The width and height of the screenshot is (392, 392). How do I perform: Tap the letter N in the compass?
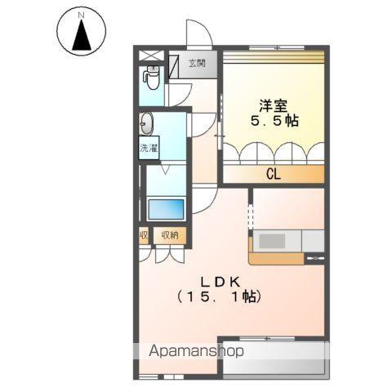(x=81, y=16)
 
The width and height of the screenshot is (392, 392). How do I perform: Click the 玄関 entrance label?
(x=197, y=64)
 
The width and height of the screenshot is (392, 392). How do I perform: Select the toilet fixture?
(x=151, y=78)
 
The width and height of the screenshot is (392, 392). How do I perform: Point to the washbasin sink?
(x=146, y=124)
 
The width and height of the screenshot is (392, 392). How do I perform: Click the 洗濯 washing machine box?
(x=149, y=148)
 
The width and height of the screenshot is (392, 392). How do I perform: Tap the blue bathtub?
(x=166, y=209)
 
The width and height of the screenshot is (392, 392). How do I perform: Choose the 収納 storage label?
(x=170, y=235)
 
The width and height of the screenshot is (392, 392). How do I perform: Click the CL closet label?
(x=274, y=174)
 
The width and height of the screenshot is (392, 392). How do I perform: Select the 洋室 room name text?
(x=274, y=106)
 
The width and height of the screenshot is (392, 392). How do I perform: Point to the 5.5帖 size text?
(x=274, y=121)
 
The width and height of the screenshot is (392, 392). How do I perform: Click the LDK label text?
(x=220, y=283)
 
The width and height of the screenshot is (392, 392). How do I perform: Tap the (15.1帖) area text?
(x=220, y=296)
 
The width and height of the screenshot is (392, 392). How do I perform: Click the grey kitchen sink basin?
(x=272, y=241)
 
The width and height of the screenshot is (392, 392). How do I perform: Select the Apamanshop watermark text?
(x=196, y=350)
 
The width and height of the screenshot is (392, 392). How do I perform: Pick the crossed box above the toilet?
(x=152, y=56)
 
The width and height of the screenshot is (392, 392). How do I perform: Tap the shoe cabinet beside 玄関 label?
(x=173, y=66)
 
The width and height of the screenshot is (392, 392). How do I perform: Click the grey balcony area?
(x=274, y=358)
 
